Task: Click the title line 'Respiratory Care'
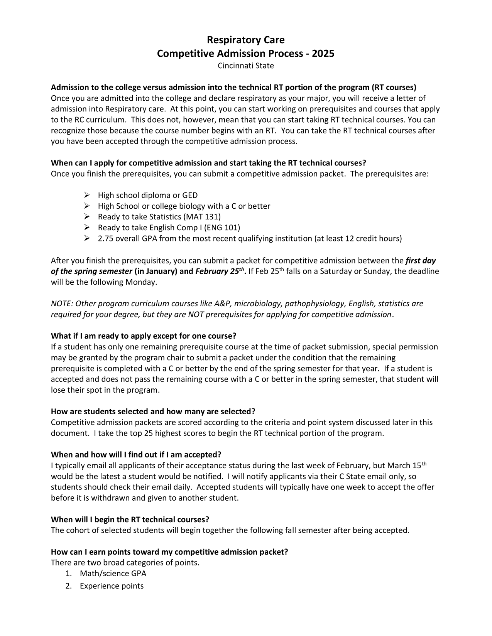click(246, 40)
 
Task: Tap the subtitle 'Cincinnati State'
click(246, 66)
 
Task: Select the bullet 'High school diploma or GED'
click(147, 195)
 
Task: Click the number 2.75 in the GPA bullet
click(106, 238)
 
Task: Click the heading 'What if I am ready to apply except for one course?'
click(144, 336)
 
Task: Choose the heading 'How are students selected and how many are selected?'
click(153, 411)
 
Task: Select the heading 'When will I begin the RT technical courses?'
click(130, 519)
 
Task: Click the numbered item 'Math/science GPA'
click(113, 574)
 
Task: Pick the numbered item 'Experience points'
click(112, 586)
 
